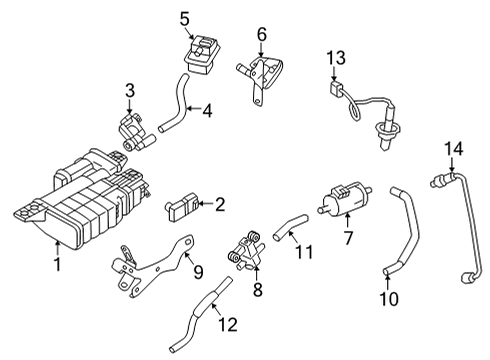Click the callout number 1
[58, 264]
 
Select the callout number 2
[220, 205]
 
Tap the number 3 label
[129, 92]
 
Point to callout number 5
[185, 18]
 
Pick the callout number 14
[455, 149]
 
